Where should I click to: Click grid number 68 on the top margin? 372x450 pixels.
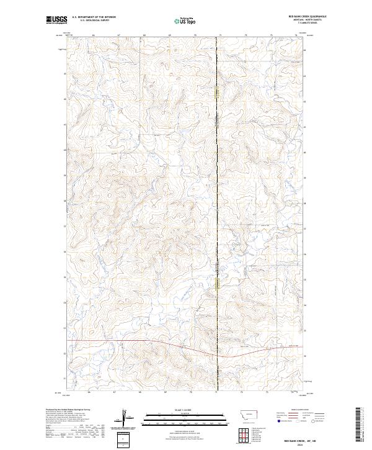pyautogui.click(x=144, y=36)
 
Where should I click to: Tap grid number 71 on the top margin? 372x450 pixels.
pyautogui.click(x=220, y=36)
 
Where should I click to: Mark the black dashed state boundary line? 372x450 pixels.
pyautogui.click(x=218, y=186)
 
